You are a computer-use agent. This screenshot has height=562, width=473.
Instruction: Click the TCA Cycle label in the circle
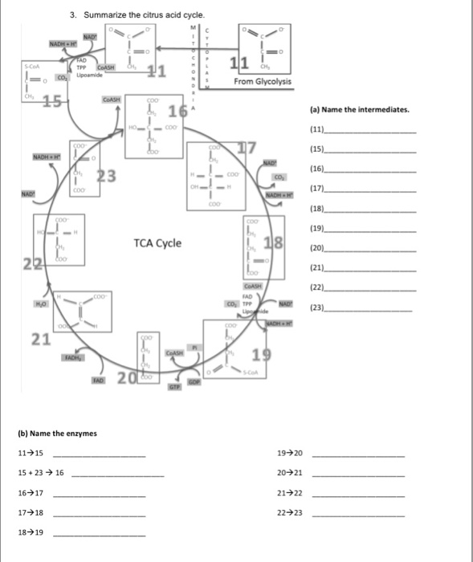[158, 243]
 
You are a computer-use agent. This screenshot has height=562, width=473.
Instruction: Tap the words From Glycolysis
[263, 82]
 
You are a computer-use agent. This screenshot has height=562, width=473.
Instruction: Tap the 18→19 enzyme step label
[31, 531]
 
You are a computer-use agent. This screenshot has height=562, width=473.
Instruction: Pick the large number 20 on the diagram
[126, 379]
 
